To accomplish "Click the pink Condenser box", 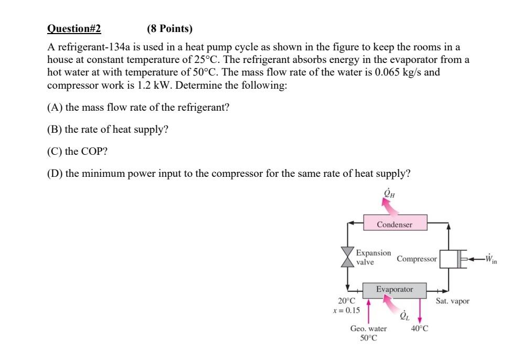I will (x=395, y=225).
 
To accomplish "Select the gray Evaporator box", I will (x=395, y=289).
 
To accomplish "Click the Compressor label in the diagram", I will (x=417, y=259).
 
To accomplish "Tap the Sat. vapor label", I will (x=453, y=301).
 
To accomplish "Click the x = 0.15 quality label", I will (x=346, y=310).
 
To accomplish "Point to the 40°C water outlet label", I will (x=420, y=329).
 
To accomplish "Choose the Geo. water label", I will (x=368, y=329).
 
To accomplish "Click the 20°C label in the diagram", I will (x=346, y=301).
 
